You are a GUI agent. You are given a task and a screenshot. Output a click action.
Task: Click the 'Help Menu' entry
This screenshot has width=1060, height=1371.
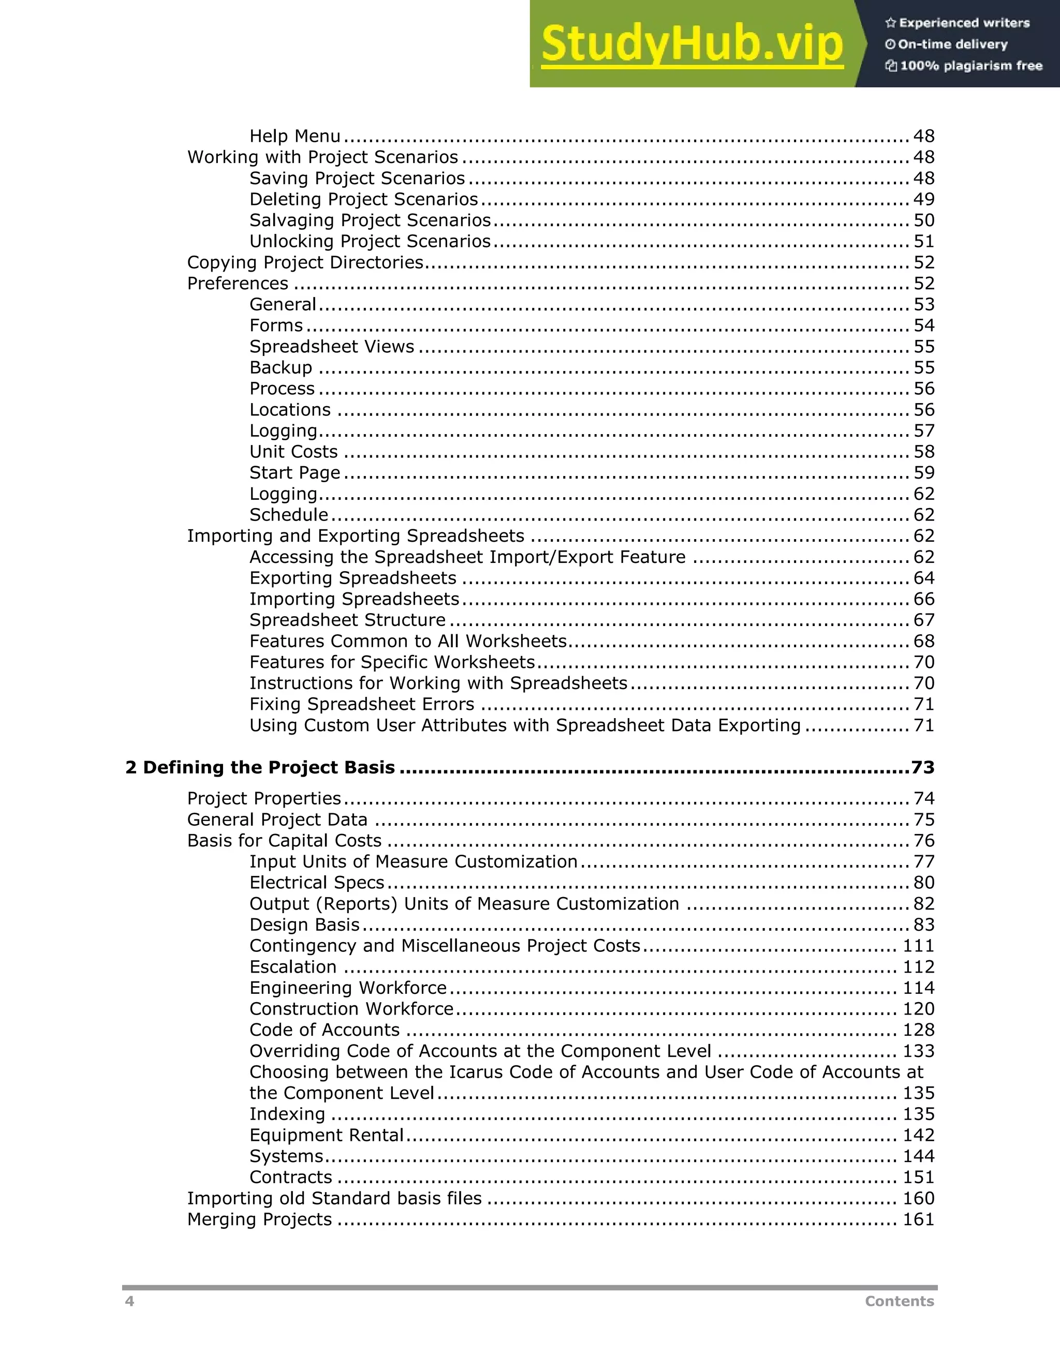(295, 136)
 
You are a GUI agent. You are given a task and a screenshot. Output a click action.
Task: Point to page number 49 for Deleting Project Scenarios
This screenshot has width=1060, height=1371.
(924, 200)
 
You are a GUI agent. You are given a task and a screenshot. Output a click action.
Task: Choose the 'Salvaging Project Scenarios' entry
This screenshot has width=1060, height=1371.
(370, 220)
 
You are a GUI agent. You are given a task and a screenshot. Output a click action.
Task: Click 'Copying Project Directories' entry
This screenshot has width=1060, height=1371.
(305, 262)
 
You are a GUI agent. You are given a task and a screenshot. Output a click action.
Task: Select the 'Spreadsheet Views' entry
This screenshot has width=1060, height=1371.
(332, 347)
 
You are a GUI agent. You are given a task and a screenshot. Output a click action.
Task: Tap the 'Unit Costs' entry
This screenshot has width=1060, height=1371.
(293, 452)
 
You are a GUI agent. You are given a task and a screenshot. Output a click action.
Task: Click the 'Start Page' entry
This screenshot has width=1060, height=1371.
(295, 473)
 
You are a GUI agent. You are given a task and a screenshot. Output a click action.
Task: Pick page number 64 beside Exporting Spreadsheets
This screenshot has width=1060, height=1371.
(924, 578)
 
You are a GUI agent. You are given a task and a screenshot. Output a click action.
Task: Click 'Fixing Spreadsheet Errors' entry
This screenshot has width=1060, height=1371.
(362, 704)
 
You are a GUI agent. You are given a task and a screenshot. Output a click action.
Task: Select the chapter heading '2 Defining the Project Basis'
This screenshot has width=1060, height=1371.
(260, 768)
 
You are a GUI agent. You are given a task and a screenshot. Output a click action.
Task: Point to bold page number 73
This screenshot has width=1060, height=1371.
(922, 768)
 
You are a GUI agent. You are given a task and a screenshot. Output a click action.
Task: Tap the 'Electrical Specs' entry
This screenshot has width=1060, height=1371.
(316, 883)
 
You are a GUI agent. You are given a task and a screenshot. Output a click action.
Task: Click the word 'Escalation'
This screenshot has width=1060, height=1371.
(292, 967)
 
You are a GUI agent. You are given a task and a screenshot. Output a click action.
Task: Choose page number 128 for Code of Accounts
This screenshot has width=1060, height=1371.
(918, 1030)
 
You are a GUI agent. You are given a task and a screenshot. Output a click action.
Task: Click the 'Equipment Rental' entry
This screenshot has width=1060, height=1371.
(326, 1135)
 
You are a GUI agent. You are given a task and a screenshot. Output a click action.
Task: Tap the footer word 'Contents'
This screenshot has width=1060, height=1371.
(899, 1301)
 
